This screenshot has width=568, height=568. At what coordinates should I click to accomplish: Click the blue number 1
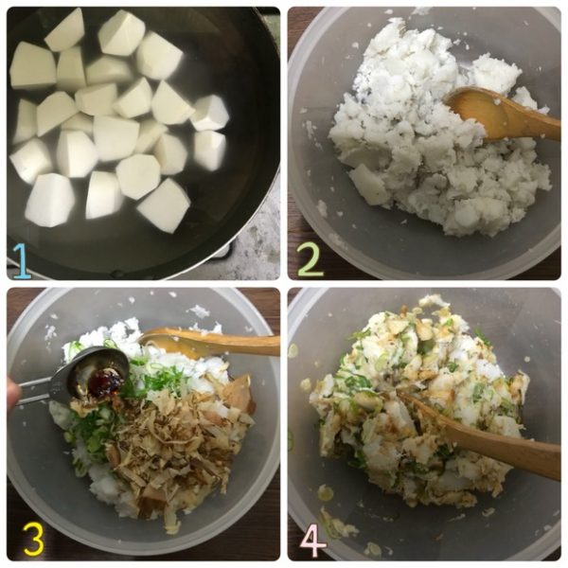(x=21, y=260)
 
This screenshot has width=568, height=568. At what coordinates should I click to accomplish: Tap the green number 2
(x=310, y=260)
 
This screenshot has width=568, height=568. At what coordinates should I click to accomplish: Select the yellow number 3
(x=33, y=540)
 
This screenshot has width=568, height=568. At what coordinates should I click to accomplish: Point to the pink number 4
(x=313, y=541)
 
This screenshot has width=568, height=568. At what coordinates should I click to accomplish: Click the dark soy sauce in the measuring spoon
(x=105, y=382)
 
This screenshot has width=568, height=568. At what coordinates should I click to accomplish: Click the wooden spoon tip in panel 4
(x=401, y=393)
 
